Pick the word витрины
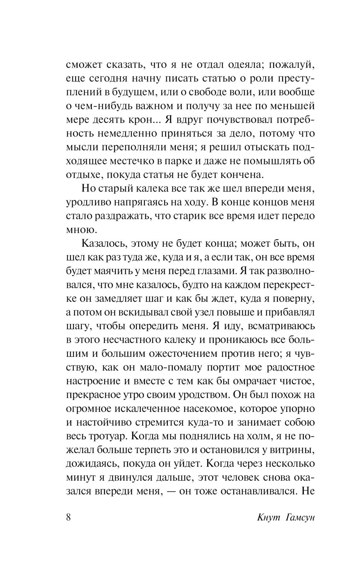tap(294, 450)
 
